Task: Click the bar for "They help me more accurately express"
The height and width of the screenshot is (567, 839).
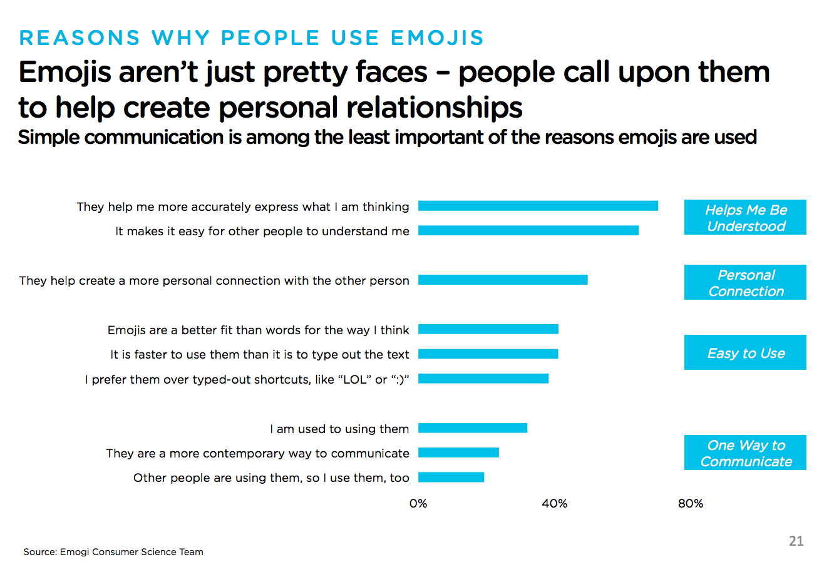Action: click(538, 206)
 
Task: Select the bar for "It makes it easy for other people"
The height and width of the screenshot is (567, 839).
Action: click(528, 230)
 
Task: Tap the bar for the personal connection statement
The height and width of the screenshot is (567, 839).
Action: click(503, 280)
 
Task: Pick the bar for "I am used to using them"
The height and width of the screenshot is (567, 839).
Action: click(473, 428)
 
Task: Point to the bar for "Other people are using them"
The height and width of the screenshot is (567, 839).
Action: click(451, 478)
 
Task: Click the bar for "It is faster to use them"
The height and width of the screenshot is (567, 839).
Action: click(488, 354)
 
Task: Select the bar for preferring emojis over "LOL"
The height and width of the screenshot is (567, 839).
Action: click(483, 379)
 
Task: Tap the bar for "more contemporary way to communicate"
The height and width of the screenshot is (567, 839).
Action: click(458, 452)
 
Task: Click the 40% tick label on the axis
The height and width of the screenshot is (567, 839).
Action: click(554, 504)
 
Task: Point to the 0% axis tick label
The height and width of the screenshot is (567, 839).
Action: click(418, 504)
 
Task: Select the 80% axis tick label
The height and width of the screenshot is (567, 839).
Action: click(691, 504)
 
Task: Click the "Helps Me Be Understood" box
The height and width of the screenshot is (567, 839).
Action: click(745, 218)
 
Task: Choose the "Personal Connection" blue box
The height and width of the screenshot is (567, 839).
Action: click(745, 283)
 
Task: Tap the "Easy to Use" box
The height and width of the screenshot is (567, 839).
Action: click(745, 353)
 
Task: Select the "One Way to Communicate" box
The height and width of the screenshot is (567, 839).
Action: click(745, 453)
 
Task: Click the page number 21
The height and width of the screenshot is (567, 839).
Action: click(796, 541)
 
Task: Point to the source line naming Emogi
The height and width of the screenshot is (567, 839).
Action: click(113, 552)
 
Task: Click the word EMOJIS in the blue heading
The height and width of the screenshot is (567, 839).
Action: click(437, 38)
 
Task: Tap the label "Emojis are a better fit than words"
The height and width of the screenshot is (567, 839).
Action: click(258, 330)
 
